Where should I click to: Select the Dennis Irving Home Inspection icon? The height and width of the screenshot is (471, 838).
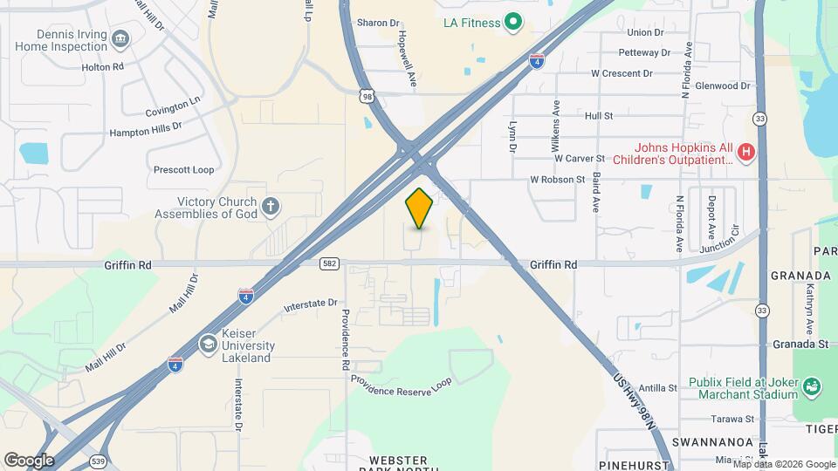click(120, 38)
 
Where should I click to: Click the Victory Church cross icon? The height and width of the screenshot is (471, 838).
click(271, 207)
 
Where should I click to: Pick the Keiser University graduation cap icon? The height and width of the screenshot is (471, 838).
click(208, 345)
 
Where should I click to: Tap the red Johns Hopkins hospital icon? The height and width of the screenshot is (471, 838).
click(745, 153)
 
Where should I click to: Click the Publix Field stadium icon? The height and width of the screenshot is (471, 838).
click(811, 386)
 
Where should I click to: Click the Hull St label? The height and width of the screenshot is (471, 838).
click(599, 115)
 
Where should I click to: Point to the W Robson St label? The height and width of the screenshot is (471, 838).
click(556, 180)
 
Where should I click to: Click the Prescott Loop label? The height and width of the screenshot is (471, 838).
click(183, 170)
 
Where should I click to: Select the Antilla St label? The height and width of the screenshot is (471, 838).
click(657, 388)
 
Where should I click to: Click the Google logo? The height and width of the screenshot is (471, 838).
click(29, 460)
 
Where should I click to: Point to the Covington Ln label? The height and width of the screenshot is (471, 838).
click(173, 107)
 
